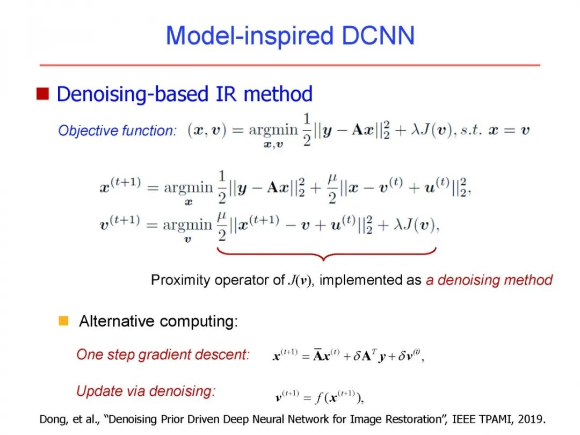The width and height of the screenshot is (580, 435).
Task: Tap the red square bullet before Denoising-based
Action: click(42, 94)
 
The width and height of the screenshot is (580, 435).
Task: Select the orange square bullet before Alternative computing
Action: click(63, 321)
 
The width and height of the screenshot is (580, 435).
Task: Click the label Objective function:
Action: click(117, 130)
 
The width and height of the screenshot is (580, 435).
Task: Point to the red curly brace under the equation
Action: click(326, 253)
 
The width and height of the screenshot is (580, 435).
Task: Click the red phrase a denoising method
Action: click(489, 280)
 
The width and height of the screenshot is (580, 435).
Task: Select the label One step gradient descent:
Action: click(163, 354)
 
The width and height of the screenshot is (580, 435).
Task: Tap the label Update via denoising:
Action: click(146, 391)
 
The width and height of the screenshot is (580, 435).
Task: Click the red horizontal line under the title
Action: click(290, 65)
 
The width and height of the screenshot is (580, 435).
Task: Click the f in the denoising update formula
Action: click(320, 398)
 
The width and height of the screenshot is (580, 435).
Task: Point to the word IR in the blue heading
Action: click(227, 94)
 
